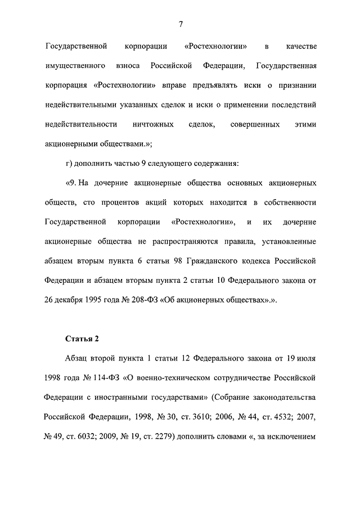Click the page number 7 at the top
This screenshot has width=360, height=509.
pos(180,23)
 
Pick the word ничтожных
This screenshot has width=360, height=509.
pos(155,124)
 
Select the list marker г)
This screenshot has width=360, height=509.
pos(70,164)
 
